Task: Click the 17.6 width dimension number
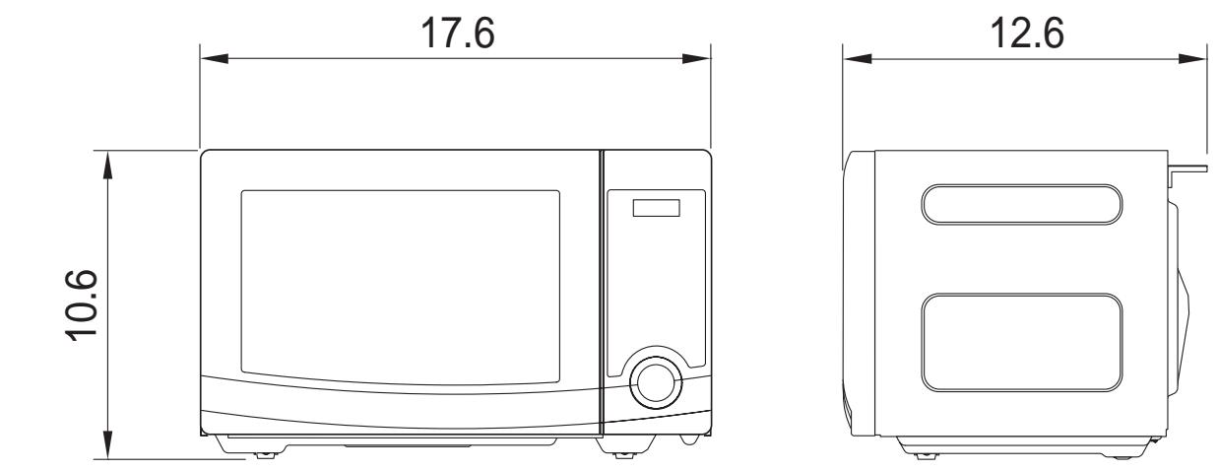click(x=458, y=34)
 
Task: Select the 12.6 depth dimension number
click(x=1027, y=34)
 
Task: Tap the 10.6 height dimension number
click(x=82, y=305)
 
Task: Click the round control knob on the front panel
click(x=656, y=383)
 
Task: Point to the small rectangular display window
click(x=657, y=208)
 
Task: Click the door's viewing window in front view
click(x=400, y=287)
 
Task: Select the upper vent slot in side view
click(x=1022, y=204)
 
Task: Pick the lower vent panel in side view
click(x=1022, y=343)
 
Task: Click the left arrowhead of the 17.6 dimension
click(x=215, y=59)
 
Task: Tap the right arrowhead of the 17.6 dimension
click(x=696, y=59)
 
